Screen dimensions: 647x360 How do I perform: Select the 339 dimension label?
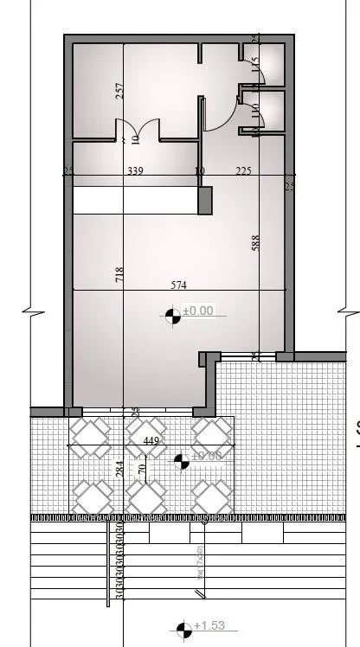click(135, 171)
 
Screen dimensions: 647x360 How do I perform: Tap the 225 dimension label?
click(243, 171)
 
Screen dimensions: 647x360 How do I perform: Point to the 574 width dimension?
click(179, 284)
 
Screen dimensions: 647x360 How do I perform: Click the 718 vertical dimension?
click(120, 275)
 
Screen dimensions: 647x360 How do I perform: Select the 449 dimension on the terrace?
click(151, 441)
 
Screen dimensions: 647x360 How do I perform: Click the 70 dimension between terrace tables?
click(142, 471)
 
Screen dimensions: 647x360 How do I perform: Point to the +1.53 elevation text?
click(209, 625)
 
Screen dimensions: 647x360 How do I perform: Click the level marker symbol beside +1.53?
click(183, 629)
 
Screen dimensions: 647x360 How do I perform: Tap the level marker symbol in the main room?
click(173, 317)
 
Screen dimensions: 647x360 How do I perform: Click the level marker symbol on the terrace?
click(182, 462)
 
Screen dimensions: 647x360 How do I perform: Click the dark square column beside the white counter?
click(205, 201)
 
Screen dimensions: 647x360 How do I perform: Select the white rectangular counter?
click(135, 201)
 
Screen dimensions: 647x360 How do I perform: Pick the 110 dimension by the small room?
click(254, 111)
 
